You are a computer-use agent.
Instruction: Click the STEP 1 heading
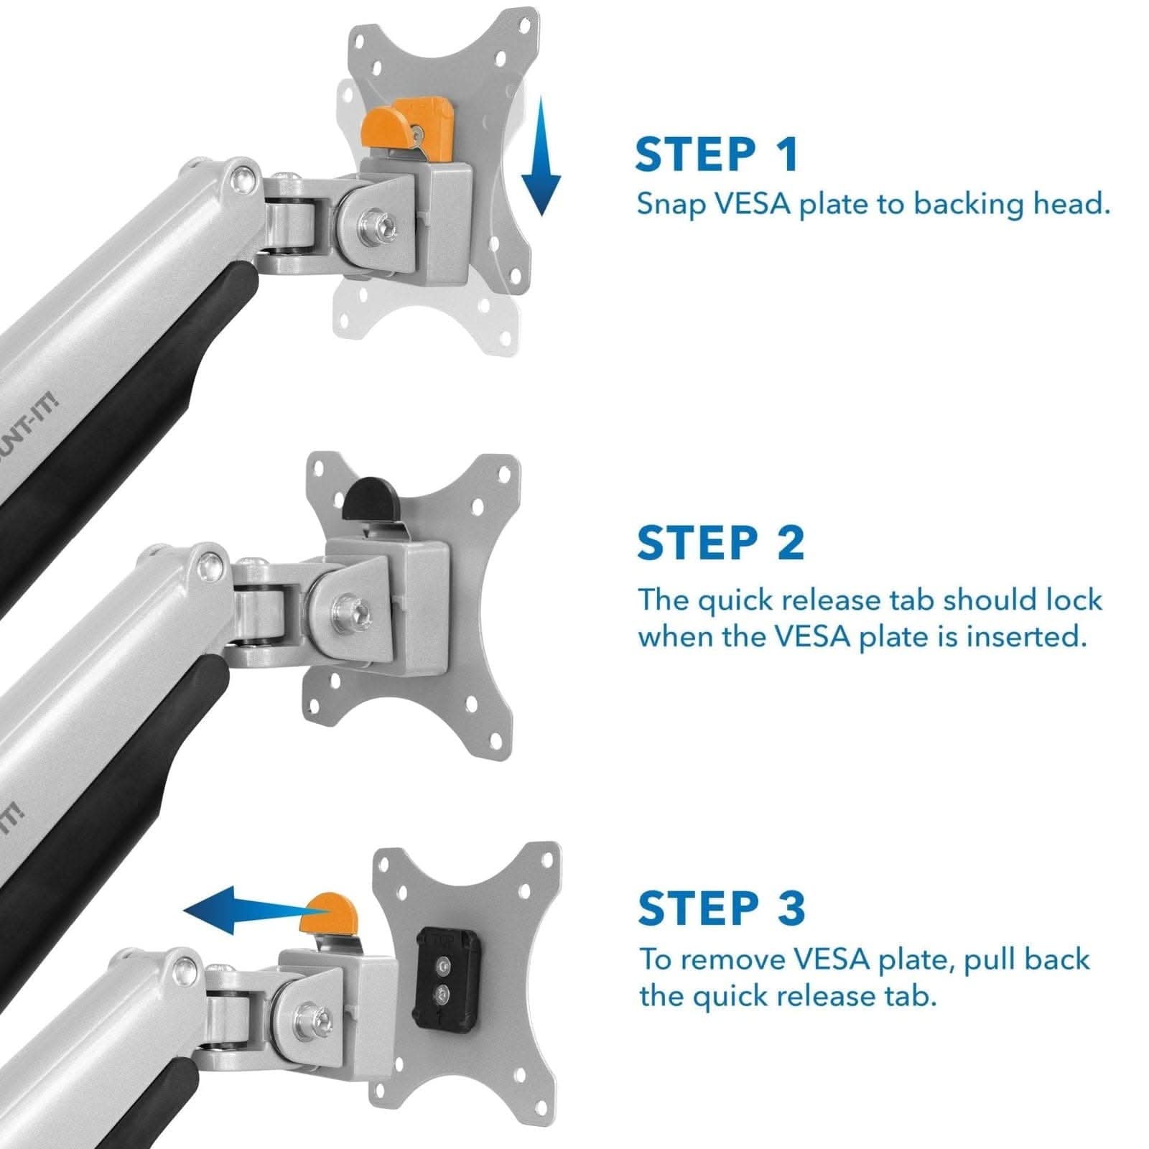716,154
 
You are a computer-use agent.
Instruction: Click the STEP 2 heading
720,543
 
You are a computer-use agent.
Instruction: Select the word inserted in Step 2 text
1025,637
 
